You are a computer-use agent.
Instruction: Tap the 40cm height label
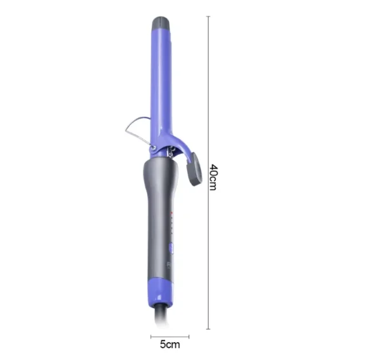pyautogui.click(x=213, y=177)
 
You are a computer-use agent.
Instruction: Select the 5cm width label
pyautogui.click(x=170, y=344)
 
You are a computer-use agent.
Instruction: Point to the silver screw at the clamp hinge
pyautogui.click(x=153, y=147)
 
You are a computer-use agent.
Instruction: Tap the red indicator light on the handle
pyautogui.click(x=171, y=213)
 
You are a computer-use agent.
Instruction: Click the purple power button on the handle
pyautogui.click(x=171, y=248)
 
